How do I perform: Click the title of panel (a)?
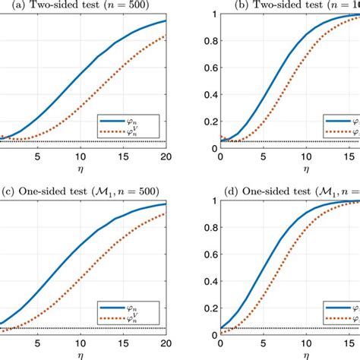(84, 5)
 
